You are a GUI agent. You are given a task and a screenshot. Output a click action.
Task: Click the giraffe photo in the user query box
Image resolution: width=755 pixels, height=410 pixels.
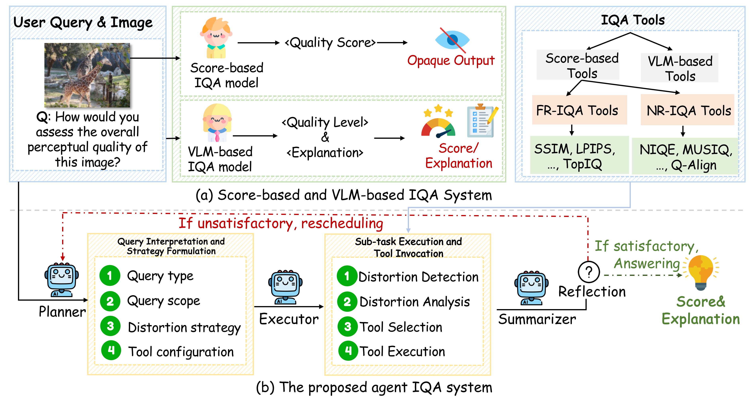[87, 75]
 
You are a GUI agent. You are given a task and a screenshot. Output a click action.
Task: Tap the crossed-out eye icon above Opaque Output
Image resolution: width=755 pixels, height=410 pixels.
[452, 40]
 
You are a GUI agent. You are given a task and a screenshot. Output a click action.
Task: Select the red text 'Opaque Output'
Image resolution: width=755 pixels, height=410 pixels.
[451, 61]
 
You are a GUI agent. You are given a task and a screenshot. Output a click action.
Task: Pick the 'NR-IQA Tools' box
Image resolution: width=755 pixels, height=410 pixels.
[688, 110]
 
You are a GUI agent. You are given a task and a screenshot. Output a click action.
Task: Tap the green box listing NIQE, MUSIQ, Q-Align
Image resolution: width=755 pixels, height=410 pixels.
[685, 156]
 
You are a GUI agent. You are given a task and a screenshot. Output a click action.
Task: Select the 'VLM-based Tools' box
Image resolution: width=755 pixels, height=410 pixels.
[680, 68]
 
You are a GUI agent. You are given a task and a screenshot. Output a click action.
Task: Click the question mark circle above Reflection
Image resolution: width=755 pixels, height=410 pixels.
[589, 272]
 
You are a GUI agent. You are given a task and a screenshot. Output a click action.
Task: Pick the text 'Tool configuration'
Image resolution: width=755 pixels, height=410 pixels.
[181, 351]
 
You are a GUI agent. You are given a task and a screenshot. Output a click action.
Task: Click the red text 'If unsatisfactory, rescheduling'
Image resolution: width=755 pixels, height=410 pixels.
[281, 223]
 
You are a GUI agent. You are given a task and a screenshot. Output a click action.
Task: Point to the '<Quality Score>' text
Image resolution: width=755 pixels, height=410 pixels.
[330, 43]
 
